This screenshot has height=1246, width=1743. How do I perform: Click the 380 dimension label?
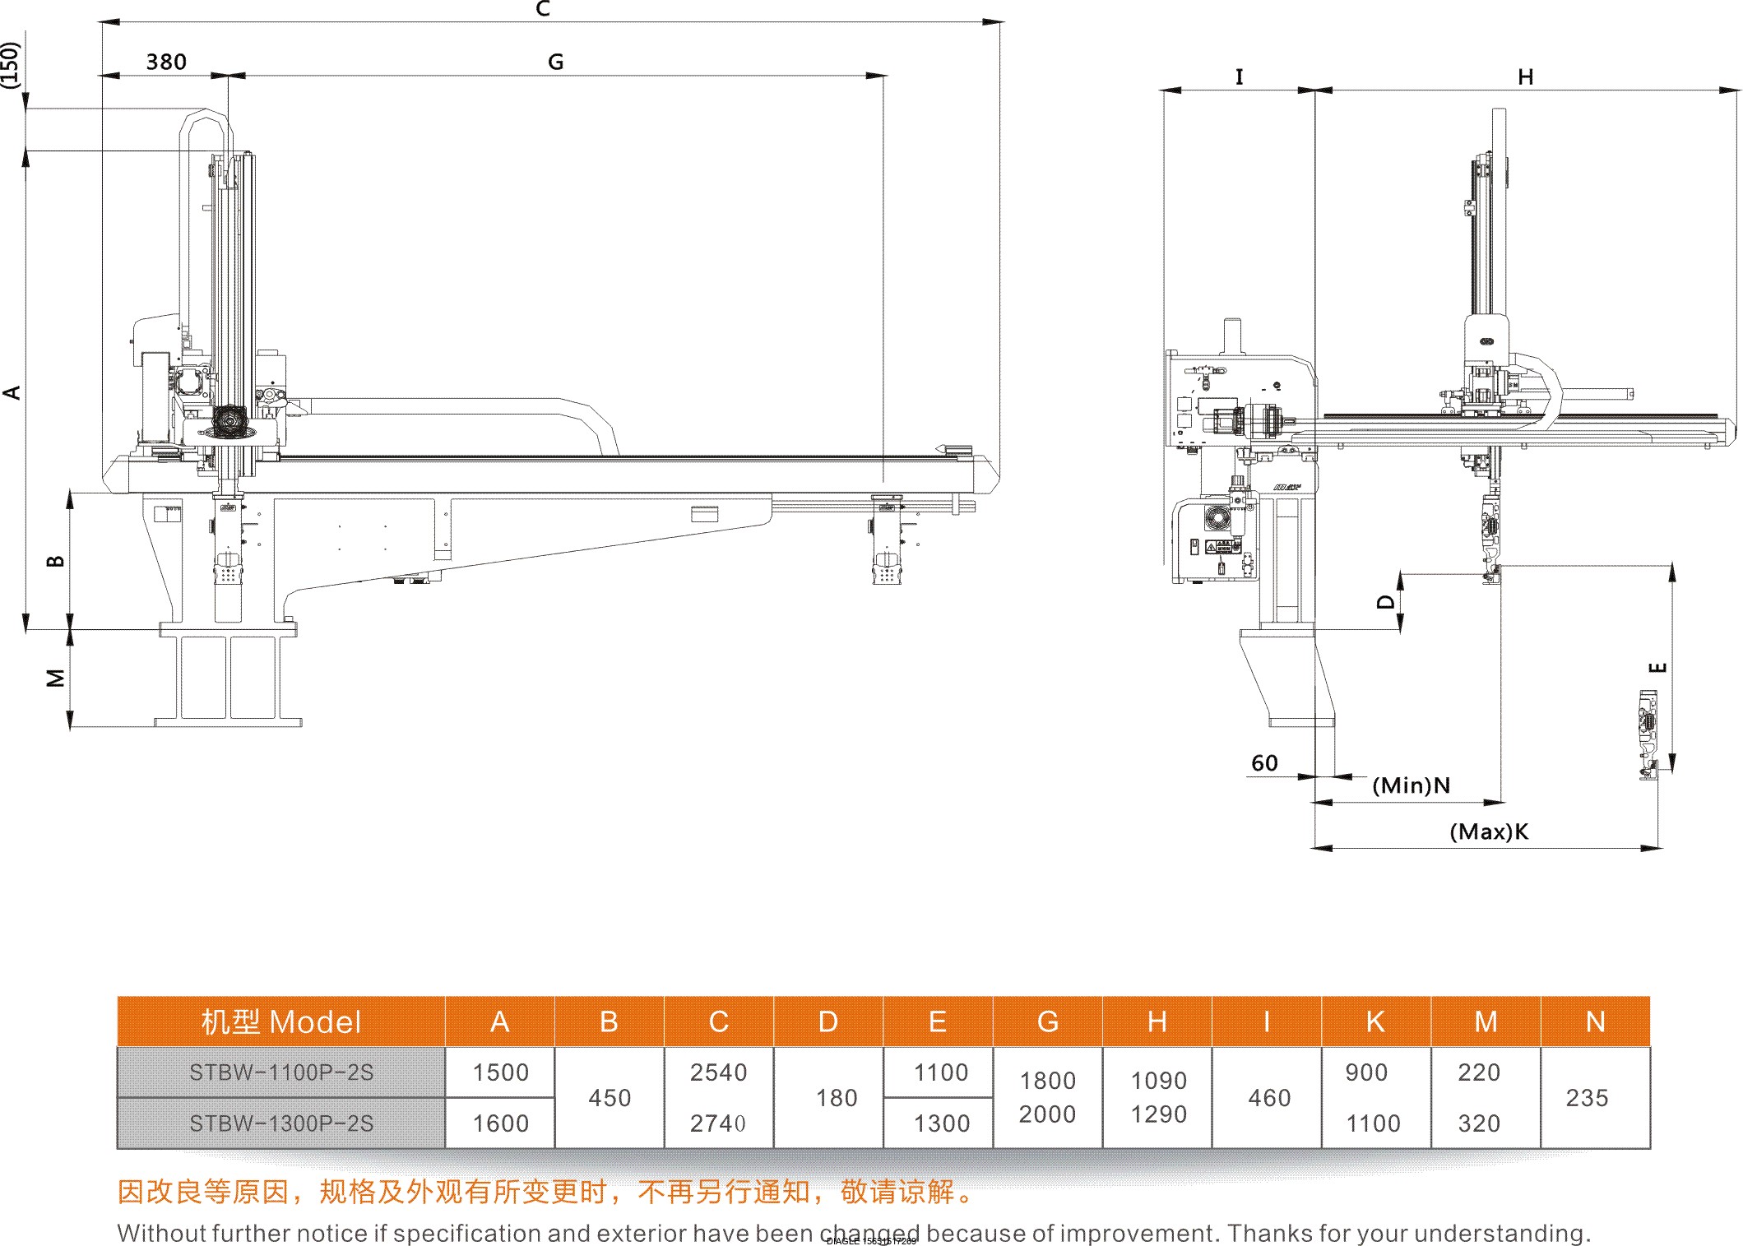(166, 63)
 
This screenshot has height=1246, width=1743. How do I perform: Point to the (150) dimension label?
(10, 64)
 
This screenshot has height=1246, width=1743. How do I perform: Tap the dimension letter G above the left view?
(555, 63)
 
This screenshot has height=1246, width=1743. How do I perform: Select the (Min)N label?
(1411, 785)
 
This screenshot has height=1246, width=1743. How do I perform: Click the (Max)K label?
(1488, 831)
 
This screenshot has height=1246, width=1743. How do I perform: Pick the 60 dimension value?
(1264, 763)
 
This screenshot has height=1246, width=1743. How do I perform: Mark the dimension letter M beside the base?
(55, 679)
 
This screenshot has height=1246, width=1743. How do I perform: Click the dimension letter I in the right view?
(1239, 76)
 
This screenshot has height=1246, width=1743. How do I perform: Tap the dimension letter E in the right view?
(1659, 667)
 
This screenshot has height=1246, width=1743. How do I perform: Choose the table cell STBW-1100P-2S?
(281, 1072)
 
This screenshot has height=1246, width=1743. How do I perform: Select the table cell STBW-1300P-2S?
(281, 1123)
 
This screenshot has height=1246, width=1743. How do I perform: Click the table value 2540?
(718, 1072)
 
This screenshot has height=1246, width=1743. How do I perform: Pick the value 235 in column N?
(1587, 1098)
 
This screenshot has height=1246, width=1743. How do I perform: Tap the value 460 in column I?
(1269, 1098)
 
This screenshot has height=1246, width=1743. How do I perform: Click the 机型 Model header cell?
(281, 1021)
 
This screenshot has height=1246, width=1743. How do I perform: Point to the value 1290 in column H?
(1158, 1114)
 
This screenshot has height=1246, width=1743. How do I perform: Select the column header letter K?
(1375, 1021)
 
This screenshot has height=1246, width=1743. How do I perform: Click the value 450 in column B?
(610, 1098)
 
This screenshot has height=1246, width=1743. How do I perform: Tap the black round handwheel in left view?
(229, 421)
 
